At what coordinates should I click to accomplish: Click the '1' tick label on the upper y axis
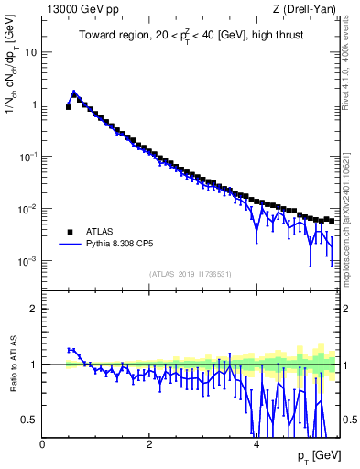tap(34, 104)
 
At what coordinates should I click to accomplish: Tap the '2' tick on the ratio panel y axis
tap(34, 309)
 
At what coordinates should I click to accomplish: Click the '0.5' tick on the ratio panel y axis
tap(29, 420)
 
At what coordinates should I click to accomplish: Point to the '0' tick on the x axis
tap(42, 443)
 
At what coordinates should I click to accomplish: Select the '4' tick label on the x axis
tap(256, 443)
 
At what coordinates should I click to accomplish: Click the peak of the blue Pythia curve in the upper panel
tap(74, 92)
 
